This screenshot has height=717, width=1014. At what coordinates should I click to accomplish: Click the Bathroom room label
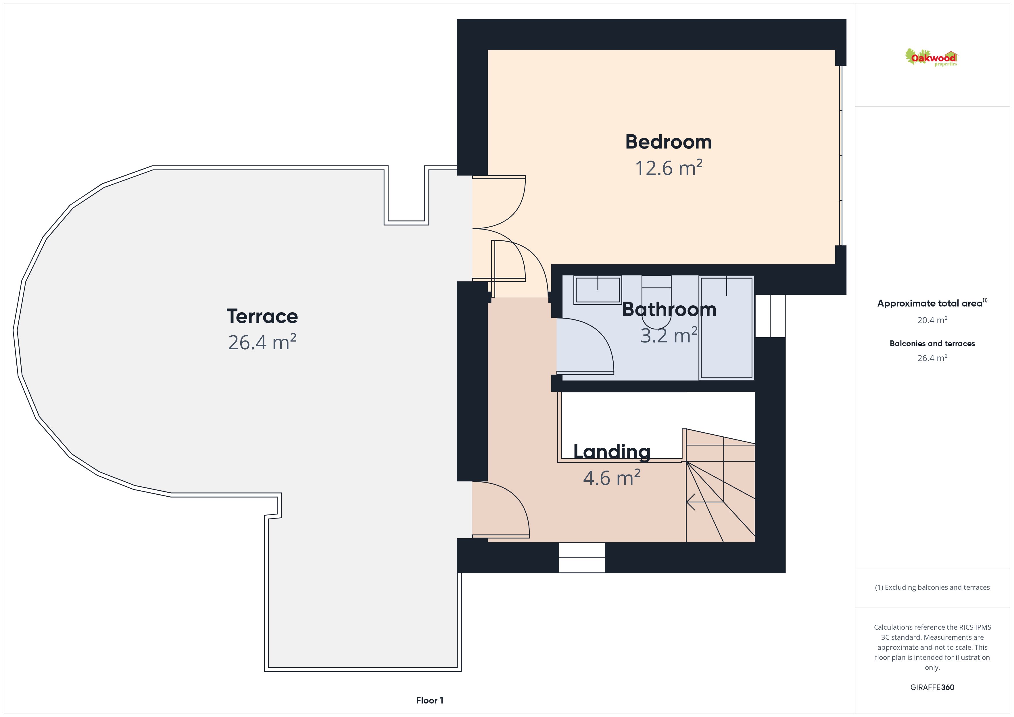point(669,309)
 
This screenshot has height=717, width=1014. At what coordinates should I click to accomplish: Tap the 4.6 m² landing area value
point(612,478)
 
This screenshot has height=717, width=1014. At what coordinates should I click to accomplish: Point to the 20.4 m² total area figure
point(932,320)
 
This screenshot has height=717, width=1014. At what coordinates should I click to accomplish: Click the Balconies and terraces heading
point(932,344)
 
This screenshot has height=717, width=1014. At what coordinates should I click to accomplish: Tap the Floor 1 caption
point(430,700)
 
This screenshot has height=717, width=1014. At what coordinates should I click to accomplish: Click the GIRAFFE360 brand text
point(932,687)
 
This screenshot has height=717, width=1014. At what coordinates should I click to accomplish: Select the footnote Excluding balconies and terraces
point(932,587)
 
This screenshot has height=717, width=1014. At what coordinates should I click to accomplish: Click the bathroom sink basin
point(598,290)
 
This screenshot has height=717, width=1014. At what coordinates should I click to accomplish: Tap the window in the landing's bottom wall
point(582,558)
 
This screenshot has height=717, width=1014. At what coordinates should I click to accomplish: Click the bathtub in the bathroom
point(727,327)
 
